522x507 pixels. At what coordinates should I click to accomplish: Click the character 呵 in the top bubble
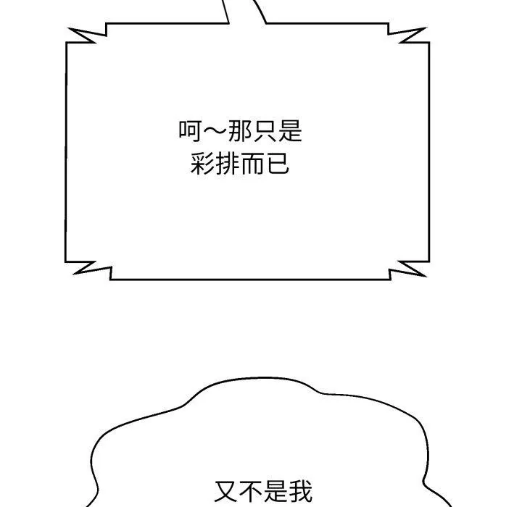tap(191, 131)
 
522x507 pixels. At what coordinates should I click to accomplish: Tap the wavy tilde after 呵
tap(215, 131)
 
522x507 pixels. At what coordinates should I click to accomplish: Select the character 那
tap(240, 131)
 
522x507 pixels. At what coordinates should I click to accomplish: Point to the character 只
tap(265, 131)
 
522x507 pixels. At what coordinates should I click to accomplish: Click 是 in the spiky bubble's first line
tap(289, 131)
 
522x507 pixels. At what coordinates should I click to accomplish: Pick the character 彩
tap(203, 164)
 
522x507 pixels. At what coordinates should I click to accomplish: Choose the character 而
tap(252, 164)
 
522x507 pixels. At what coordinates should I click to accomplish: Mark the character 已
tap(277, 164)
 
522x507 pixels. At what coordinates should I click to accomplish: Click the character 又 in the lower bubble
tap(227, 490)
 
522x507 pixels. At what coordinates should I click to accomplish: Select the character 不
tap(252, 490)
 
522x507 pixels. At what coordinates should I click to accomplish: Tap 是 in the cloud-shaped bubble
tap(276, 490)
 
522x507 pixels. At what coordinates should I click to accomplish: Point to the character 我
tap(301, 490)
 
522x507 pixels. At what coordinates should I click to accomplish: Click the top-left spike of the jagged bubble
tap(69, 29)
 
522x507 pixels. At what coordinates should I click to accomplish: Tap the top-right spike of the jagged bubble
tap(426, 28)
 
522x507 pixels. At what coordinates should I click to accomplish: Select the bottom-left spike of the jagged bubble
tap(74, 274)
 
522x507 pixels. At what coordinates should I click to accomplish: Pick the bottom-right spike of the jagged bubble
tap(426, 276)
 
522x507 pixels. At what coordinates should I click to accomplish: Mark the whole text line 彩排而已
tap(240, 164)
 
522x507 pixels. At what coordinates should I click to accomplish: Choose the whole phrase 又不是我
tap(264, 490)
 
